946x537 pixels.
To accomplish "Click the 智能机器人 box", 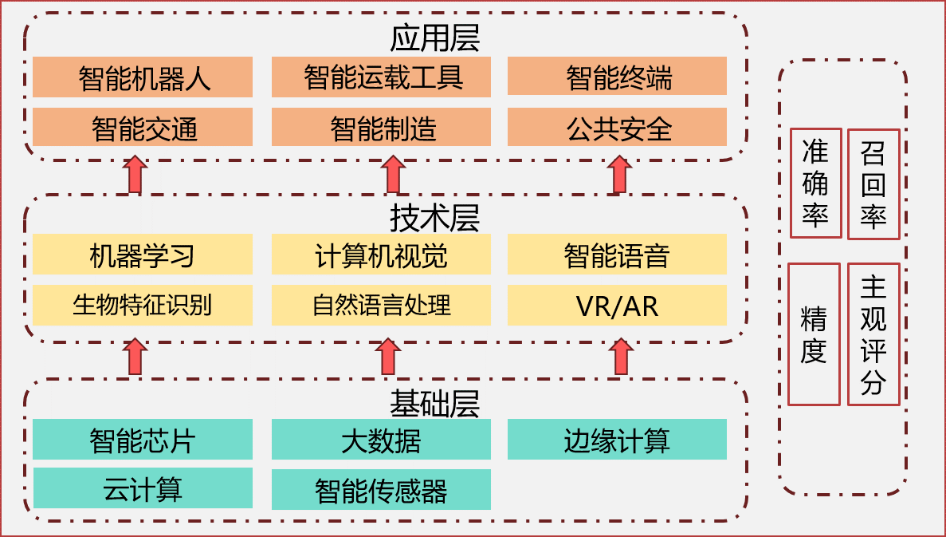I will [143, 77].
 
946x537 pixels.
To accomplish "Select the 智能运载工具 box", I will [381, 77].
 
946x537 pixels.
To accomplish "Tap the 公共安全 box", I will [617, 128].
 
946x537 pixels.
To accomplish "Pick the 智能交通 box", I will [143, 128].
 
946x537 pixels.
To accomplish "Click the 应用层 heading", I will [434, 38].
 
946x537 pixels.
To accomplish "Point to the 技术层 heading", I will [434, 216].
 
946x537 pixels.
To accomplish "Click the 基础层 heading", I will [434, 403].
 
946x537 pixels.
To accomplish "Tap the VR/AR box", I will [617, 305].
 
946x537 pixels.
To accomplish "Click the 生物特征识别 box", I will [143, 305].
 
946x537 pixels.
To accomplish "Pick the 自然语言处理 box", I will [381, 305].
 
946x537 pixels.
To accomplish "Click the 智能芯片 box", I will [143, 440].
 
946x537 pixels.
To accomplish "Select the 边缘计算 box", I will [617, 440].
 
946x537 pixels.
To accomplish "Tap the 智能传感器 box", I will [381, 489].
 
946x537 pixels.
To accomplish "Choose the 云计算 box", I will [143, 488].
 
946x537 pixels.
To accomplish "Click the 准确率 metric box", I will [815, 184].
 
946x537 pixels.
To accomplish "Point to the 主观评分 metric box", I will [873, 334].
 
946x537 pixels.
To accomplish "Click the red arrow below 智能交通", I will [135, 175].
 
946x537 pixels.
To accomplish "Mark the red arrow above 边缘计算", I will [619, 357].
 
